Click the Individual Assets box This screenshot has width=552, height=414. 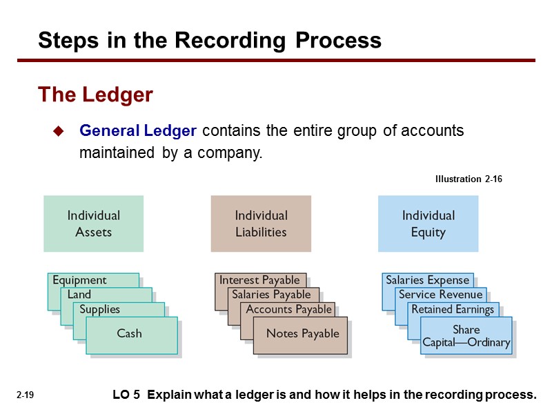pos(93,224)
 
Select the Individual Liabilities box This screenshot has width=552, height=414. pos(261,224)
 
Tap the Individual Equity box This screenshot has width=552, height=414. pos(428,224)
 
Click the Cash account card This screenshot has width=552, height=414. pos(129,334)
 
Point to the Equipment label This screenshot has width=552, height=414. pos(80,280)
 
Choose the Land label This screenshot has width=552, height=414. pos(79,295)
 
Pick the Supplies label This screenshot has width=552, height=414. pos(100,309)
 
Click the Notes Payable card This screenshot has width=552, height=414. pos(302,334)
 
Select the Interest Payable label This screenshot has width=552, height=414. pos(259,280)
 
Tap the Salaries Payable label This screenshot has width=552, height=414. pos(271,295)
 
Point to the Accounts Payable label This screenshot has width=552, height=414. pos(288,309)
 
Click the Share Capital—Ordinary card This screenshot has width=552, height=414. pos(466,336)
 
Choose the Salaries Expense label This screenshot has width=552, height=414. pos(427,280)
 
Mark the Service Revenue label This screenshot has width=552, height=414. pos(440,295)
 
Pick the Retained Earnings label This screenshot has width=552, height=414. pos(453,309)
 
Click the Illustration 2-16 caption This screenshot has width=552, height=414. pos(469,179)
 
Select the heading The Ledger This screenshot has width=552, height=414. pos(95,95)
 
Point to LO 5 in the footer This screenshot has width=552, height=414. pos(126,395)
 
